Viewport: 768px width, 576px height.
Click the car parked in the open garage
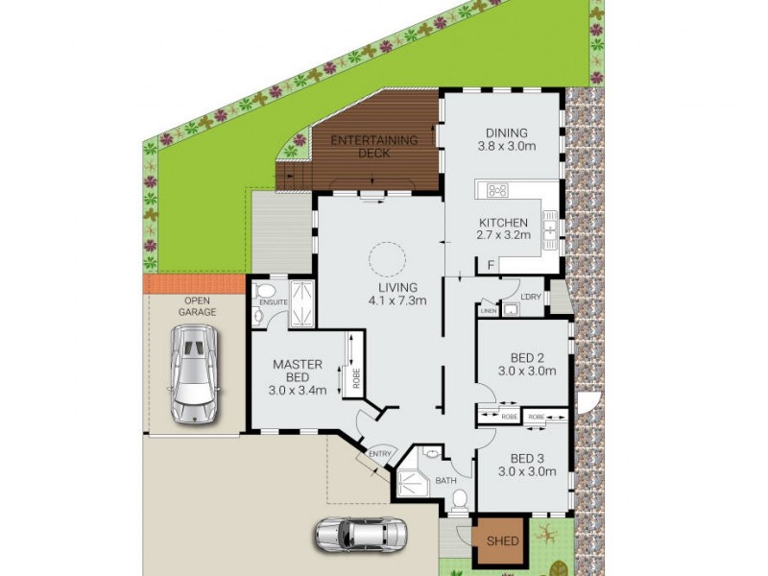[x=196, y=374]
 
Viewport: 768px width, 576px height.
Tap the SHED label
[x=502, y=541]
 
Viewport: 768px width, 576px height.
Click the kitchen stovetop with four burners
[x=498, y=190]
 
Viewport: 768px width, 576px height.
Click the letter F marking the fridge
[x=491, y=264]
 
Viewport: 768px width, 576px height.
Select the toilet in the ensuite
[x=267, y=292]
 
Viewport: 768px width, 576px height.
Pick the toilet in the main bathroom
[x=460, y=497]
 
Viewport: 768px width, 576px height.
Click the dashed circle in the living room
[x=388, y=257]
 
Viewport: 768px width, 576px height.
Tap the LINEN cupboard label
[x=488, y=311]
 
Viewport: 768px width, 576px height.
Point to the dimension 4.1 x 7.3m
[x=397, y=300]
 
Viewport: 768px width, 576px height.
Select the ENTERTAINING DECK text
[x=374, y=147]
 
